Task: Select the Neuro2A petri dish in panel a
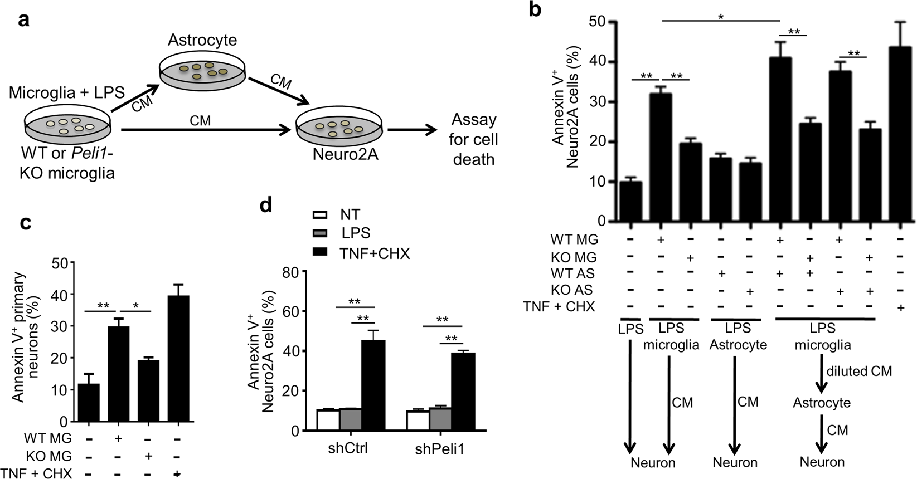coord(339,129)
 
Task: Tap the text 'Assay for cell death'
coord(473,139)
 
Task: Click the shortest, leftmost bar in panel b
coord(630,201)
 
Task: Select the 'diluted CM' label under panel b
coord(859,371)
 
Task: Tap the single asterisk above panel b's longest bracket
coord(720,17)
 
